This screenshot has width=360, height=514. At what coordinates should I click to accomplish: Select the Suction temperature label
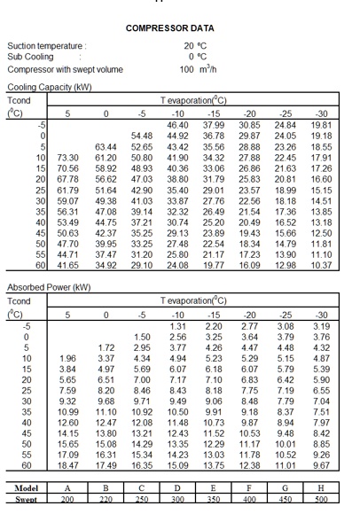[x=45, y=45]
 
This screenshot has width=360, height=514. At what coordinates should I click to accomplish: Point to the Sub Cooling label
[x=31, y=56]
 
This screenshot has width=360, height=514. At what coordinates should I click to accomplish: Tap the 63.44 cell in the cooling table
[x=105, y=146]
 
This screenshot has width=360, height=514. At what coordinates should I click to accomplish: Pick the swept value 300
[x=177, y=501]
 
